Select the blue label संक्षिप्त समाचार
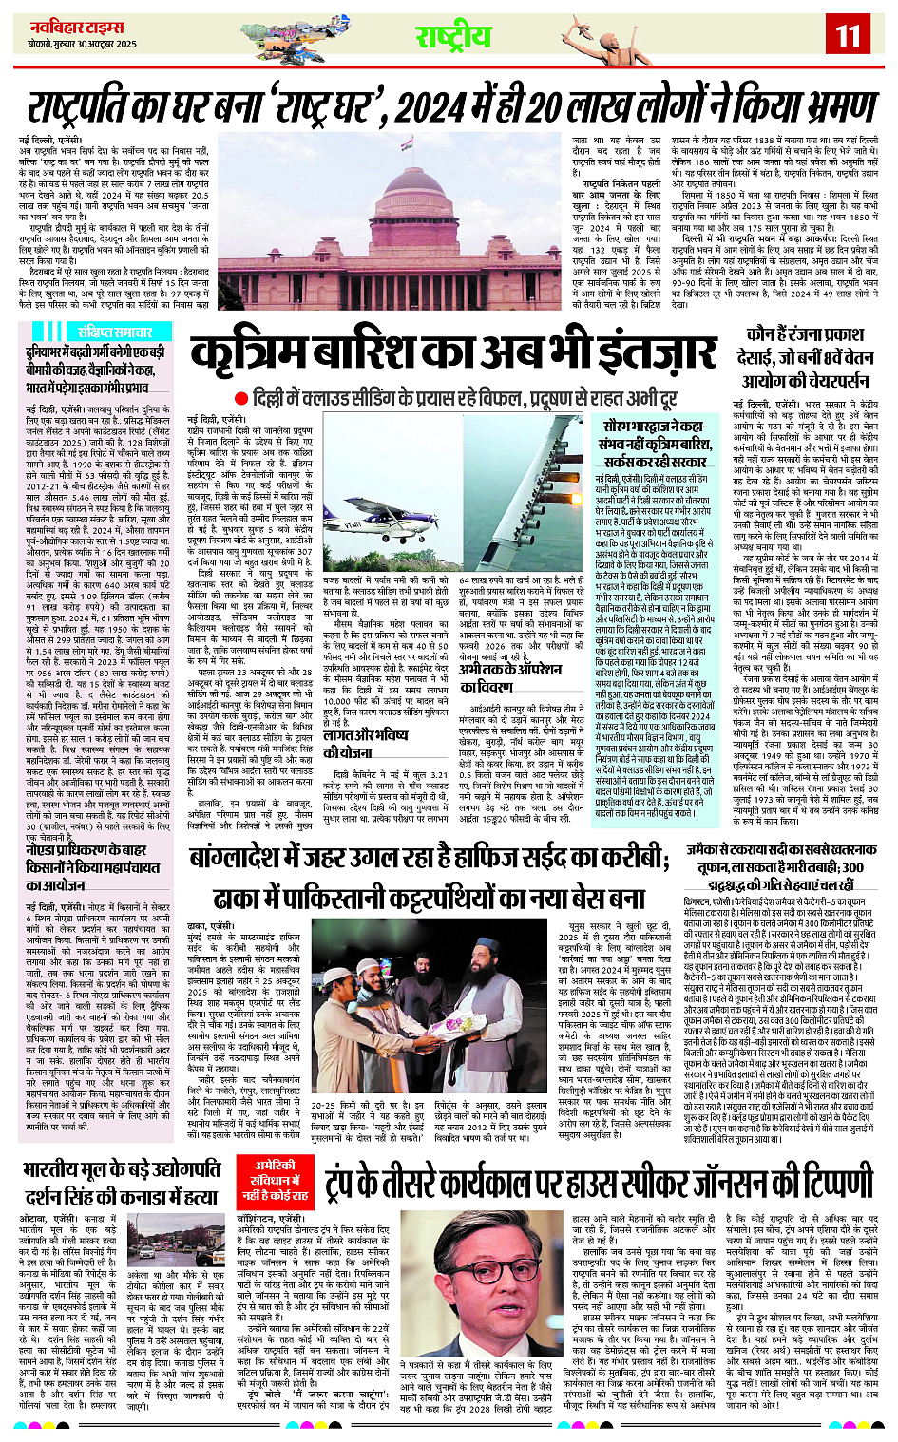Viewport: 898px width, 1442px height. [x=114, y=332]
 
